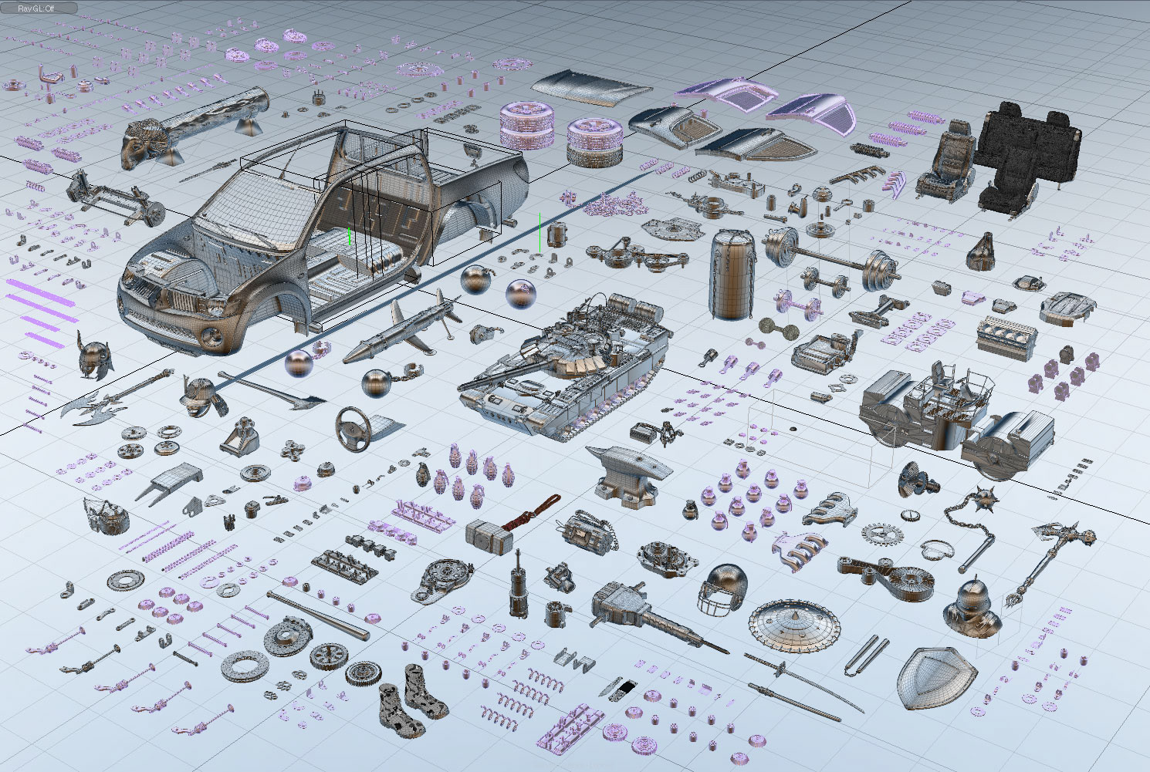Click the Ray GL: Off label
(x=36, y=8)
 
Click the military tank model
(x=565, y=369)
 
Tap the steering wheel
(x=353, y=429)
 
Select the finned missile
(x=401, y=329)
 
